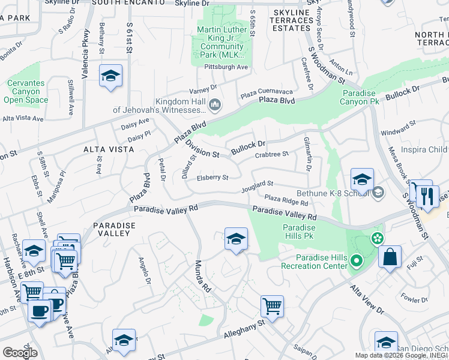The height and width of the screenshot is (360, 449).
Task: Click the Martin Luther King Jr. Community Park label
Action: [222, 42]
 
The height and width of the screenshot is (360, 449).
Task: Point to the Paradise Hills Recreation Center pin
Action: [356, 261]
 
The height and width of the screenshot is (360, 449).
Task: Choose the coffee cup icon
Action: [40, 311]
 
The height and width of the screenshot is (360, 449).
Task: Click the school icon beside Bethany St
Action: [110, 76]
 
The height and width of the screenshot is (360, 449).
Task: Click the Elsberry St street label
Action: [213, 178]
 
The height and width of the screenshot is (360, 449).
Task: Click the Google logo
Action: [20, 352]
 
